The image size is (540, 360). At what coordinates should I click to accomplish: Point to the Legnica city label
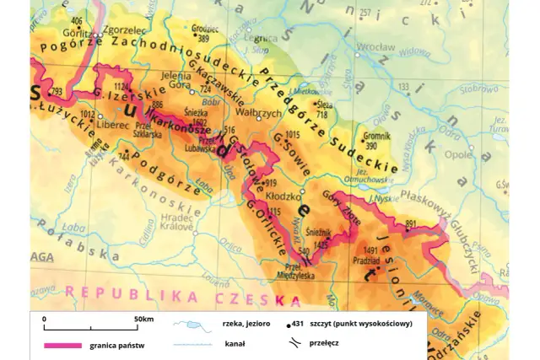pos(267,39)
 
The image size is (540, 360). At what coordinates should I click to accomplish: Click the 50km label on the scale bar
pos(143,320)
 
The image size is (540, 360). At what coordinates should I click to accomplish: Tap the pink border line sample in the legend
pos(62,345)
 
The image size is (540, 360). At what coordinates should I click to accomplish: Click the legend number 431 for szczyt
pos(297,323)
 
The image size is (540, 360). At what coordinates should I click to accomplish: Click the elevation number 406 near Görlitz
pos(78,20)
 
